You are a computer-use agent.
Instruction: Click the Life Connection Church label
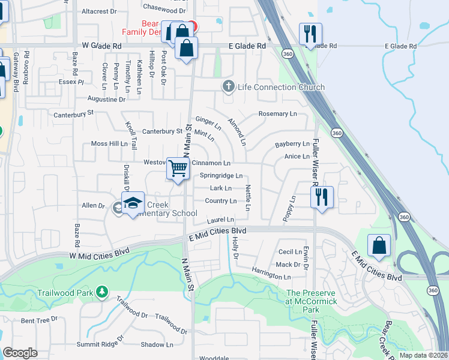[x=281, y=87]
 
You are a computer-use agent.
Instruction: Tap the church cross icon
[x=228, y=87]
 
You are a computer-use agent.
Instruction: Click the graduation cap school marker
[x=134, y=203]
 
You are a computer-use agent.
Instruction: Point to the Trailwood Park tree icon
[x=103, y=292]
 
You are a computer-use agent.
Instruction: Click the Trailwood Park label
[x=66, y=293]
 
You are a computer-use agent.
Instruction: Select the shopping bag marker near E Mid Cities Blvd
[x=379, y=246]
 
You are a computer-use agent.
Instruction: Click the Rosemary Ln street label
[x=277, y=114]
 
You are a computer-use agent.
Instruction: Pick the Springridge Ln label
[x=221, y=176]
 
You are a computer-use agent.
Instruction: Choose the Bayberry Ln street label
[x=292, y=144]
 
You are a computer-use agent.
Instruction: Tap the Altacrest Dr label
[x=99, y=11]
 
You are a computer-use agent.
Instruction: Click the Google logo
[x=20, y=353]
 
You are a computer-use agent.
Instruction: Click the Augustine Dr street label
[x=106, y=99]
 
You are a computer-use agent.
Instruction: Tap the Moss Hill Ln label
[x=109, y=144]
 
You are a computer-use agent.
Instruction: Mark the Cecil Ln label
[x=289, y=252]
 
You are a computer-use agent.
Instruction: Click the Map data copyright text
[x=423, y=355]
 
